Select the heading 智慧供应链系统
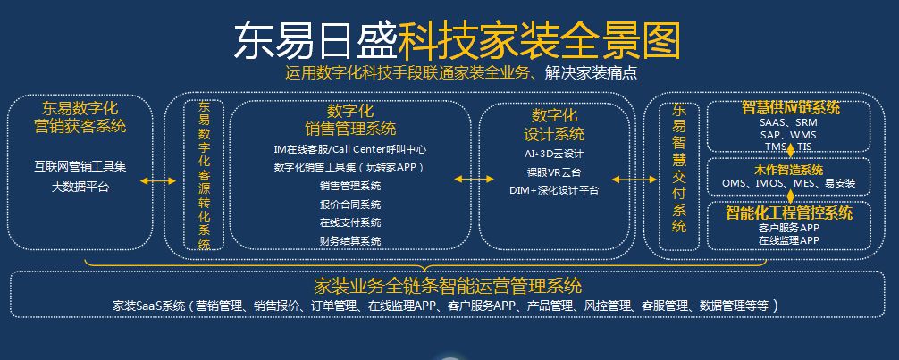(791, 107)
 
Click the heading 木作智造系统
(788, 170)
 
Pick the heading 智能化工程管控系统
(789, 213)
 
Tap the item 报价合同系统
(350, 205)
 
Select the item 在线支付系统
(350, 222)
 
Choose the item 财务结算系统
(350, 241)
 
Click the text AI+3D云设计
(553, 154)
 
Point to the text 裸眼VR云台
(553, 172)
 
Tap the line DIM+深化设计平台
(553, 190)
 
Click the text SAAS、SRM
(787, 122)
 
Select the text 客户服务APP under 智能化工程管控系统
(788, 228)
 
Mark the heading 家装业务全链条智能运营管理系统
(449, 286)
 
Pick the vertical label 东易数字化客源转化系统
(205, 176)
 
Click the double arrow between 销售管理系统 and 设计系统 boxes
(470, 180)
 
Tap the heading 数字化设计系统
(553, 125)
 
